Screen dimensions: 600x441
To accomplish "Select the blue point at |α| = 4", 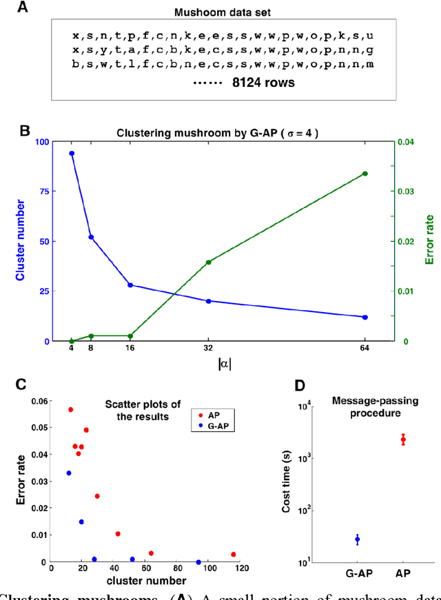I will click(72, 154).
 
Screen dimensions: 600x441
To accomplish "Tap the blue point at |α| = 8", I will click(91, 237).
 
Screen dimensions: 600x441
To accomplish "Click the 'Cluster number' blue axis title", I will click(21, 241).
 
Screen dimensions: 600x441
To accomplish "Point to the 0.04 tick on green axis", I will click(402, 142).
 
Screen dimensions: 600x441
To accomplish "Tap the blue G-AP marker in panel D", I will click(358, 539).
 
